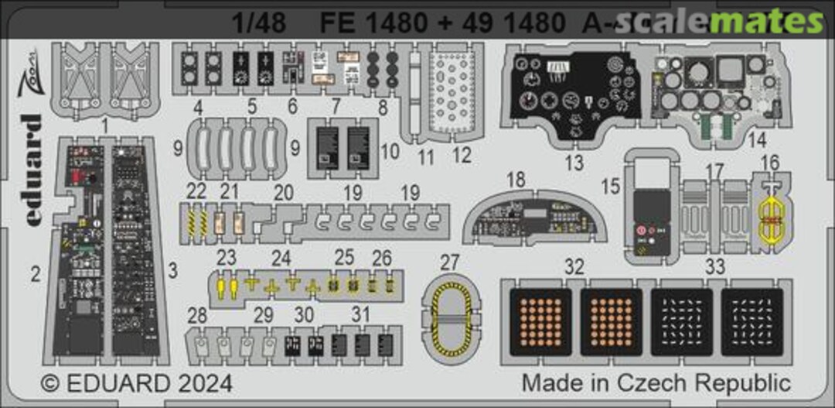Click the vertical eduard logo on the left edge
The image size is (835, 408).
[x=32, y=170]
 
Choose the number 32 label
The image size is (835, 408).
[x=573, y=267]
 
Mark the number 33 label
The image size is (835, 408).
[x=715, y=267]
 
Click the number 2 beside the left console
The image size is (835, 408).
[x=36, y=273]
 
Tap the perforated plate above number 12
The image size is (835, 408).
[x=454, y=93]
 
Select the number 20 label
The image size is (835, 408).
[x=284, y=193]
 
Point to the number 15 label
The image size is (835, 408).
[x=612, y=187]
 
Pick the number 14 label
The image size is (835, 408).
[x=757, y=141]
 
